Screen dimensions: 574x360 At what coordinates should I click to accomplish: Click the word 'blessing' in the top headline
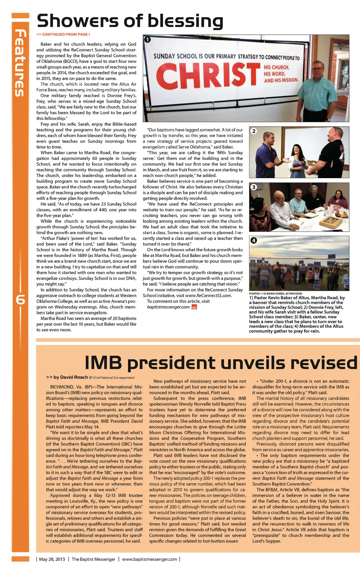point(185,21)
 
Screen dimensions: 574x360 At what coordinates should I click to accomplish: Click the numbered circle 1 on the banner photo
point(148,39)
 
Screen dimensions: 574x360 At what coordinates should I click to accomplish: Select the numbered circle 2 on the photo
point(254,131)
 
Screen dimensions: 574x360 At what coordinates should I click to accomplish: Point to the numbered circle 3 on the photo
point(254,187)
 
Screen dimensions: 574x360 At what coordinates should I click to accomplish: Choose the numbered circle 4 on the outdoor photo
point(254,240)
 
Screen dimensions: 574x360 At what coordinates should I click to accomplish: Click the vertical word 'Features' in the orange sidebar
point(20,63)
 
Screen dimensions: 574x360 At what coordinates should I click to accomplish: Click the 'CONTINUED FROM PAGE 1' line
point(63,34)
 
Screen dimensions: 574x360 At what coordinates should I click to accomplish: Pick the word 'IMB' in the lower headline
point(103,363)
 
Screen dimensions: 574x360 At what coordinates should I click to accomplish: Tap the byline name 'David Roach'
point(74,377)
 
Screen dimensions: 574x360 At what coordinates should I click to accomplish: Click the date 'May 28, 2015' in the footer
point(52,559)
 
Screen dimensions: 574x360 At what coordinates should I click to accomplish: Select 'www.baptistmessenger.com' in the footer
point(149,559)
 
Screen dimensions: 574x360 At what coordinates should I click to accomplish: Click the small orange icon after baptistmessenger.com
point(194,307)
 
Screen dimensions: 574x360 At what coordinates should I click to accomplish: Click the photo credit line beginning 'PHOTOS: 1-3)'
point(275,293)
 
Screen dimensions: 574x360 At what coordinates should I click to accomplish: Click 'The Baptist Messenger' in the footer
point(93,559)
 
